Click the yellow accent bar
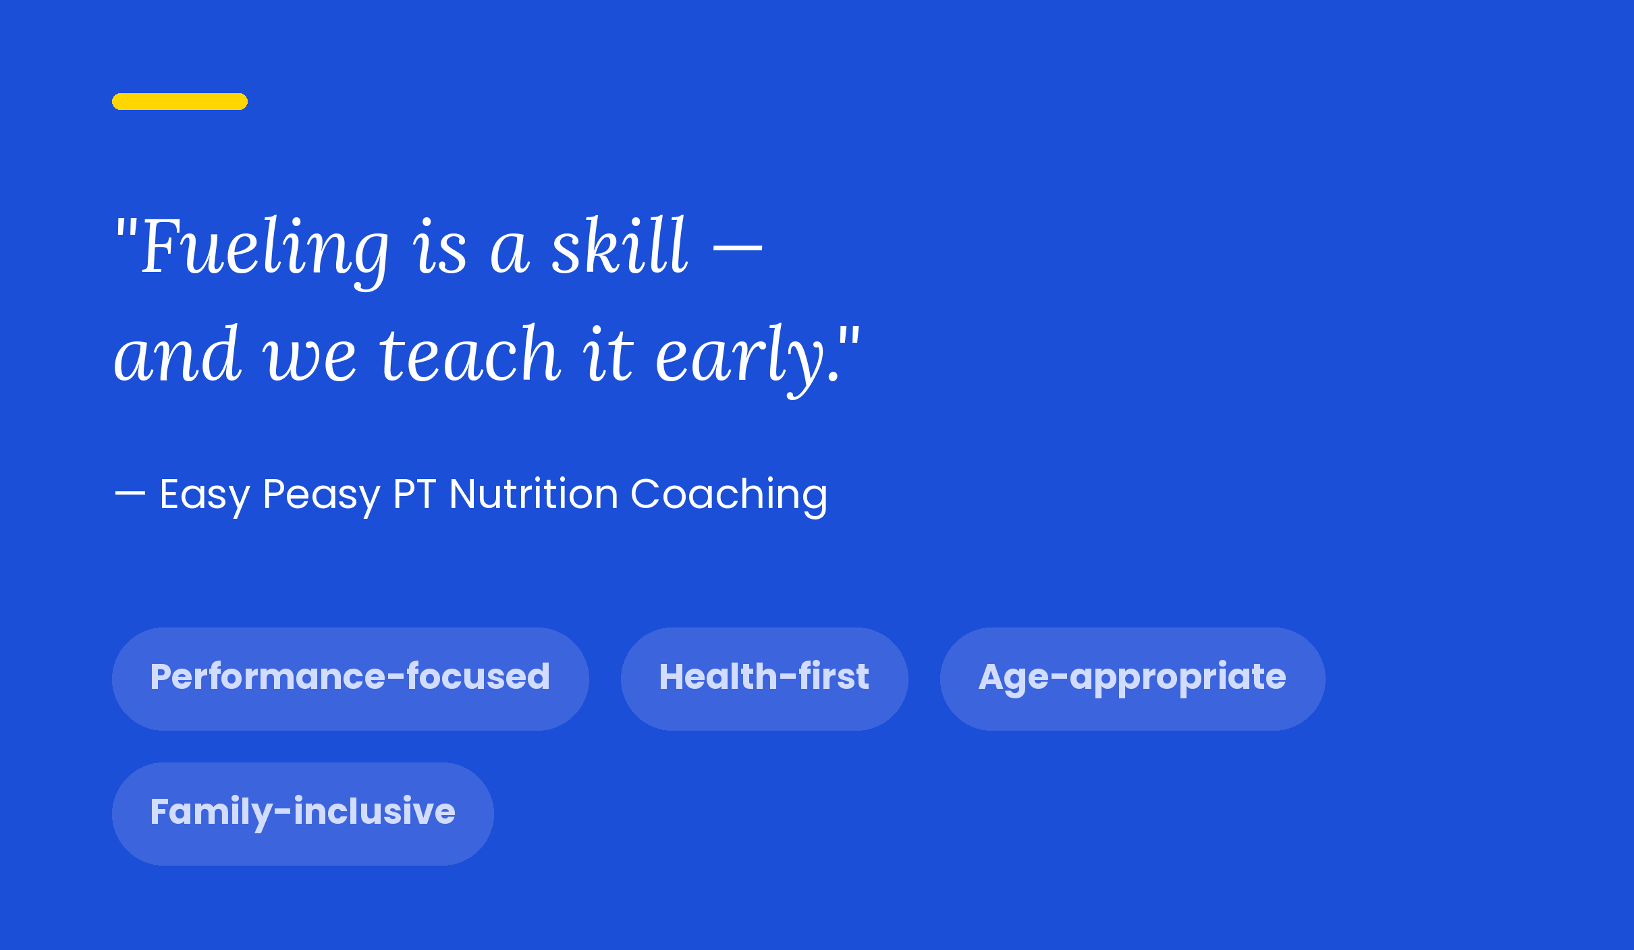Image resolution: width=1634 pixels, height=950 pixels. [x=180, y=101]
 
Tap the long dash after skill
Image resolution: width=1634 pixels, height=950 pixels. [x=738, y=248]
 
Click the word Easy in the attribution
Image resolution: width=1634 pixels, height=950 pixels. [x=205, y=495]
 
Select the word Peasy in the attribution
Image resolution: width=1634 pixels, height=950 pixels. [x=321, y=495]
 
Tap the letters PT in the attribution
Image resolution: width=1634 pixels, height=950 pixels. [x=414, y=494]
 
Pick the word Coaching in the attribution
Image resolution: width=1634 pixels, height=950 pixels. [x=729, y=495]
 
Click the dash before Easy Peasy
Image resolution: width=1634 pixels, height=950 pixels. [x=130, y=494]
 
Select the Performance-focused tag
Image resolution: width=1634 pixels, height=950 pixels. [x=350, y=679]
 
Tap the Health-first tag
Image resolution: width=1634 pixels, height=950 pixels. [x=765, y=679]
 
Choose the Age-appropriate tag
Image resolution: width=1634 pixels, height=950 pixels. [x=1133, y=679]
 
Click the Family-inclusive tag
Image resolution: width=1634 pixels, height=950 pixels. [x=303, y=814]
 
